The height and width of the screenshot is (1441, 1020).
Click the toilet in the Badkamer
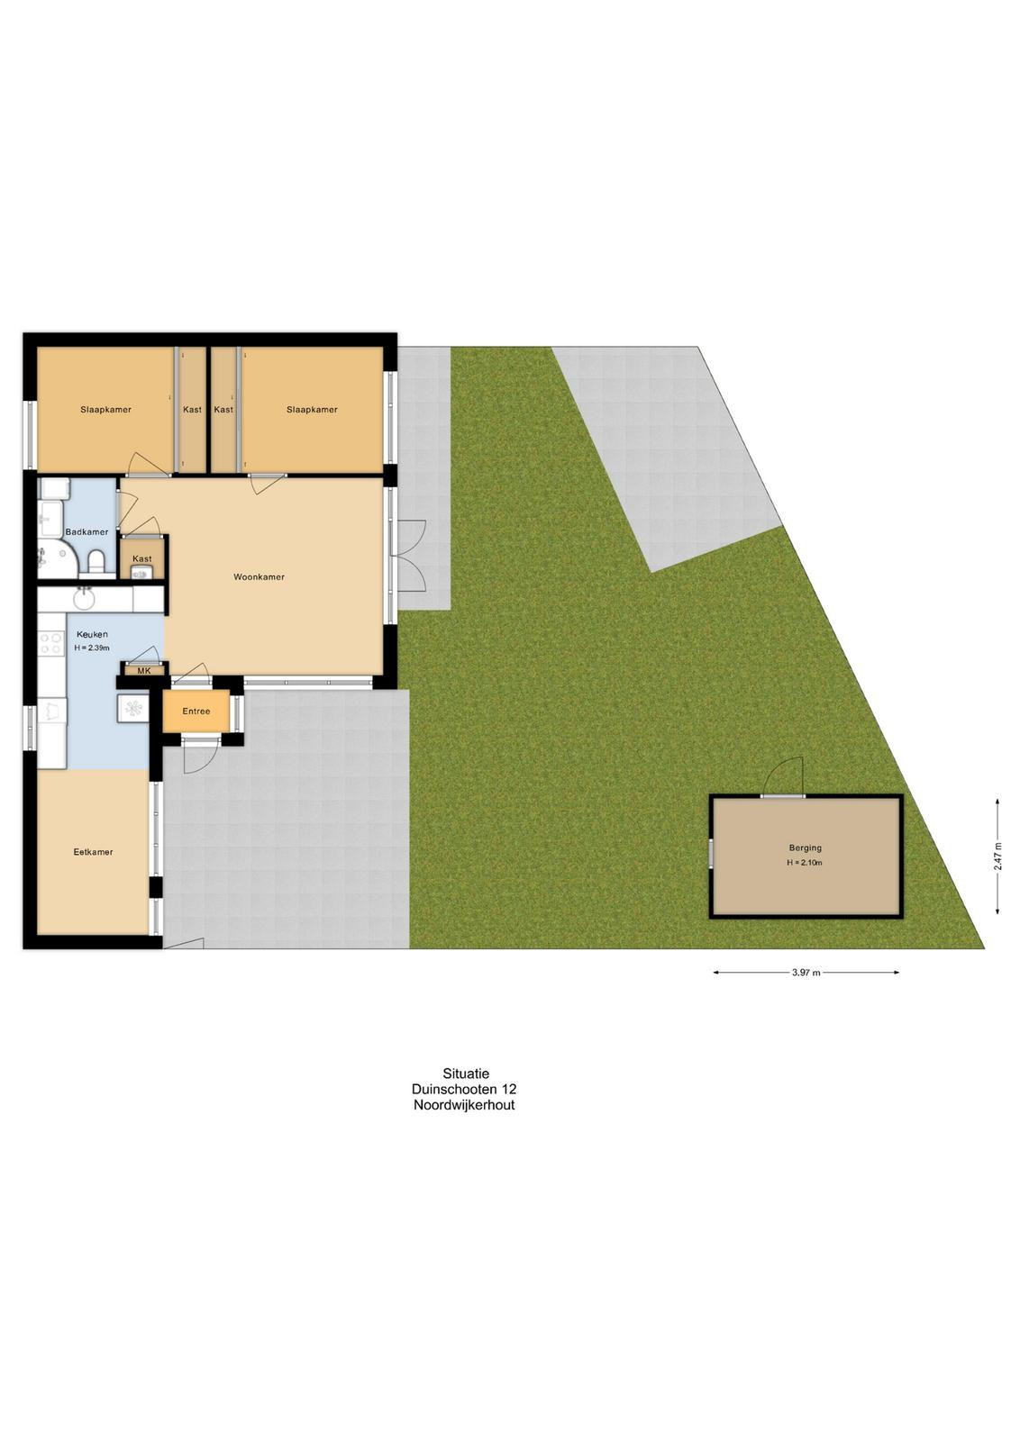click(97, 562)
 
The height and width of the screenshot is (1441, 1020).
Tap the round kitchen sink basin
click(84, 599)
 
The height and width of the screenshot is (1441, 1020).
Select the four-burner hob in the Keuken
click(50, 644)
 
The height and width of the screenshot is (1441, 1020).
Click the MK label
click(143, 670)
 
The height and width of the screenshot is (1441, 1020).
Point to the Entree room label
click(196, 711)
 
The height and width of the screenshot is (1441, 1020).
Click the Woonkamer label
click(259, 577)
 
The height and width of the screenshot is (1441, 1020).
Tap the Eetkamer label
click(94, 852)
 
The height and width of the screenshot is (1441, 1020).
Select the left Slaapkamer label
click(106, 409)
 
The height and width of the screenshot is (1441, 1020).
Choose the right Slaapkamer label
click(312, 409)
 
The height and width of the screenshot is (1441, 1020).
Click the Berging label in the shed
click(806, 847)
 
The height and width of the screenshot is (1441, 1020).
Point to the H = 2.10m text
click(805, 863)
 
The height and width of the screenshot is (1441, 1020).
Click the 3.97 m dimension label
click(806, 974)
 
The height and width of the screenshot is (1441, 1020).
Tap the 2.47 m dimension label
click(997, 856)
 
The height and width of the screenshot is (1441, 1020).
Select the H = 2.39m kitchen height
click(92, 648)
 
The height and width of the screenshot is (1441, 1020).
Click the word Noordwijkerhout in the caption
click(464, 1105)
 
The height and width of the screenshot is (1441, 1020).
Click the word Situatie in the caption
click(465, 1074)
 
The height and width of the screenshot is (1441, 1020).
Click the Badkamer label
click(87, 532)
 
